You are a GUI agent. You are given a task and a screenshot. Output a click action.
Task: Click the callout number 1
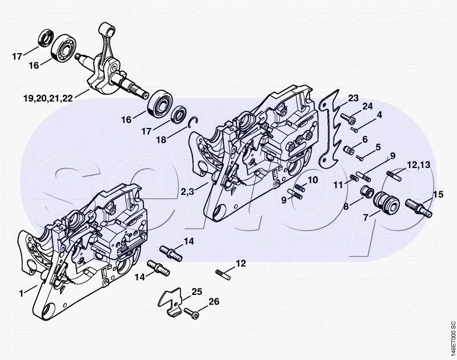(x=21, y=293)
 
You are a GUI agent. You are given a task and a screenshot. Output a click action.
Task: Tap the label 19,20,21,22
(x=48, y=98)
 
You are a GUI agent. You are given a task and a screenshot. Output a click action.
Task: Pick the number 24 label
(x=367, y=106)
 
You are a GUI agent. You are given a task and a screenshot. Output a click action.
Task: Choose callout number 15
(x=438, y=195)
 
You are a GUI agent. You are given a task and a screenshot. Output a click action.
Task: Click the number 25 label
(x=197, y=291)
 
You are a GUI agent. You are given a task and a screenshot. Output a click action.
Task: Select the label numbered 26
(x=213, y=302)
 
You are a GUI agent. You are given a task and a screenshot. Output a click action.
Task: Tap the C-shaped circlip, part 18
(x=194, y=120)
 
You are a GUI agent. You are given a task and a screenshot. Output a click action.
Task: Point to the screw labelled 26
(x=192, y=313)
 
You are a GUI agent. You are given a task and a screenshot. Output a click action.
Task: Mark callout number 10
(x=312, y=181)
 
